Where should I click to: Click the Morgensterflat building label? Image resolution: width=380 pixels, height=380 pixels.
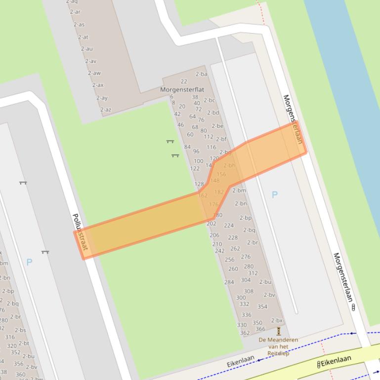[x=182, y=90]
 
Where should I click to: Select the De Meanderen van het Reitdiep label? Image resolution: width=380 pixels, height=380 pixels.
[x=278, y=346]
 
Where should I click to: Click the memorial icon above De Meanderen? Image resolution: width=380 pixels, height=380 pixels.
[x=279, y=331]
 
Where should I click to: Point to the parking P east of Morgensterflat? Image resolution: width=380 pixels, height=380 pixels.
[x=274, y=194]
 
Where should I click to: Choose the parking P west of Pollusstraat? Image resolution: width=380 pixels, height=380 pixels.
[x=29, y=262]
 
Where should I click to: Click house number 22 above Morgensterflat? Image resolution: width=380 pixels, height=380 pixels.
[x=184, y=81]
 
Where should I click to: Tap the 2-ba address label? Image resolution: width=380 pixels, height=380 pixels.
[x=201, y=74]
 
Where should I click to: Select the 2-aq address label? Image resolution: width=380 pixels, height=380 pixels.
[x=72, y=2]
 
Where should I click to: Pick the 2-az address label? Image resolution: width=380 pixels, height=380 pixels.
[x=106, y=110]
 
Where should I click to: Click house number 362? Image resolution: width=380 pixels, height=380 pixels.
[x=245, y=333]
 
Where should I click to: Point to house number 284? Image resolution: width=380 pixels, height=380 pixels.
[x=229, y=282]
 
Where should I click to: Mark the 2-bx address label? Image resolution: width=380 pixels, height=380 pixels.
[x=277, y=321]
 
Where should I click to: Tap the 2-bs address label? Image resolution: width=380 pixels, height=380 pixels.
[x=20, y=330]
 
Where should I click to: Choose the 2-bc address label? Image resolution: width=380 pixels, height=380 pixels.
[x=209, y=100]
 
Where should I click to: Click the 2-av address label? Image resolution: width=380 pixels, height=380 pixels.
[x=90, y=61]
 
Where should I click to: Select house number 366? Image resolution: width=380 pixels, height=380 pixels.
[x=260, y=329]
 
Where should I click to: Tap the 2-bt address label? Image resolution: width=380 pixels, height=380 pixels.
[x=24, y=343]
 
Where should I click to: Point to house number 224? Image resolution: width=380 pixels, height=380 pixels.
[x=229, y=226]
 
